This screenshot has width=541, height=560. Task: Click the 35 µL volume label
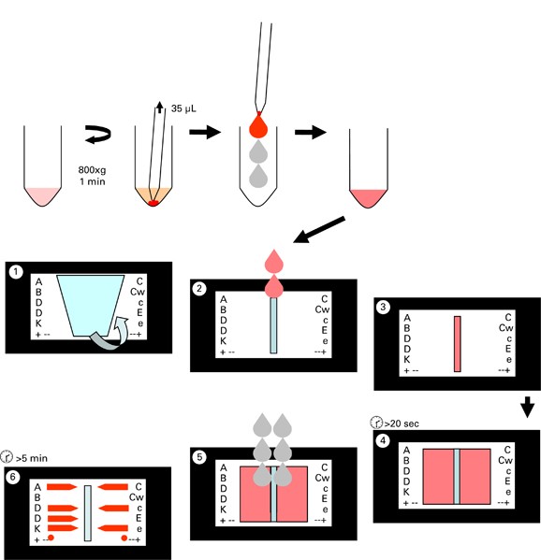pyautogui.click(x=183, y=108)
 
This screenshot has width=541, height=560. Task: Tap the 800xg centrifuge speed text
pyautogui.click(x=93, y=170)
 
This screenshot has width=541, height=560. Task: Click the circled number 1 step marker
pyautogui.click(x=16, y=272)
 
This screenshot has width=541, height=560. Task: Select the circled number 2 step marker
pyautogui.click(x=199, y=289)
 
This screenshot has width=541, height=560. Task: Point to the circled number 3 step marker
pyautogui.click(x=383, y=307)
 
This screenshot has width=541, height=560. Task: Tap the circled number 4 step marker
pyautogui.click(x=383, y=440)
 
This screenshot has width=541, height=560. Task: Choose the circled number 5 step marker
pyautogui.click(x=199, y=457)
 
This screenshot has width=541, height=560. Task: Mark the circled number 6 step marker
pyautogui.click(x=13, y=477)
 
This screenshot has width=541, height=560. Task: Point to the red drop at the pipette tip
pyautogui.click(x=258, y=125)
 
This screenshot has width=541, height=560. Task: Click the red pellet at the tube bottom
pyautogui.click(x=154, y=203)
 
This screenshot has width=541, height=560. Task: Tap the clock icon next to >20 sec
pyautogui.click(x=376, y=423)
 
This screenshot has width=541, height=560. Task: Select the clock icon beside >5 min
pyautogui.click(x=7, y=456)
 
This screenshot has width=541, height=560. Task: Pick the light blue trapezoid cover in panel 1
pyautogui.click(x=91, y=306)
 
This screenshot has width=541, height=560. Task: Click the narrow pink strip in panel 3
pyautogui.click(x=458, y=343)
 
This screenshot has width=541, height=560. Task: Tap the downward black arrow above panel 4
pyautogui.click(x=527, y=407)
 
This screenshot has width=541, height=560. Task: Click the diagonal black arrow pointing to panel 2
pyautogui.click(x=319, y=230)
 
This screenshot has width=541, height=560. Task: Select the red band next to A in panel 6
pyautogui.click(x=62, y=486)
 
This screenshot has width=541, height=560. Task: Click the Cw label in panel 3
pyautogui.click(x=506, y=328)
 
